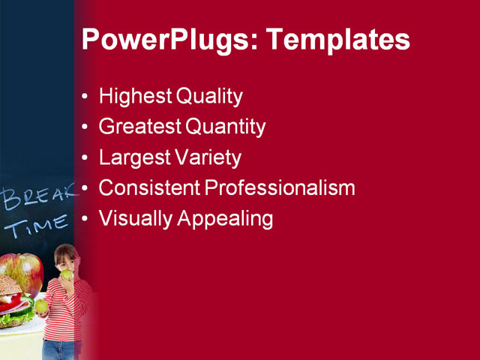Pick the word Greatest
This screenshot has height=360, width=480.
click(139, 127)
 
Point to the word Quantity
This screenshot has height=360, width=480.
click(225, 127)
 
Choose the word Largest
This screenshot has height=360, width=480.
click(132, 158)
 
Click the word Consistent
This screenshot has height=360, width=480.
click(149, 188)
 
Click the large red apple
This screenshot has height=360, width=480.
click(20, 273)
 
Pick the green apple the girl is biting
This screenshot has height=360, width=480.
click(67, 276)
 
